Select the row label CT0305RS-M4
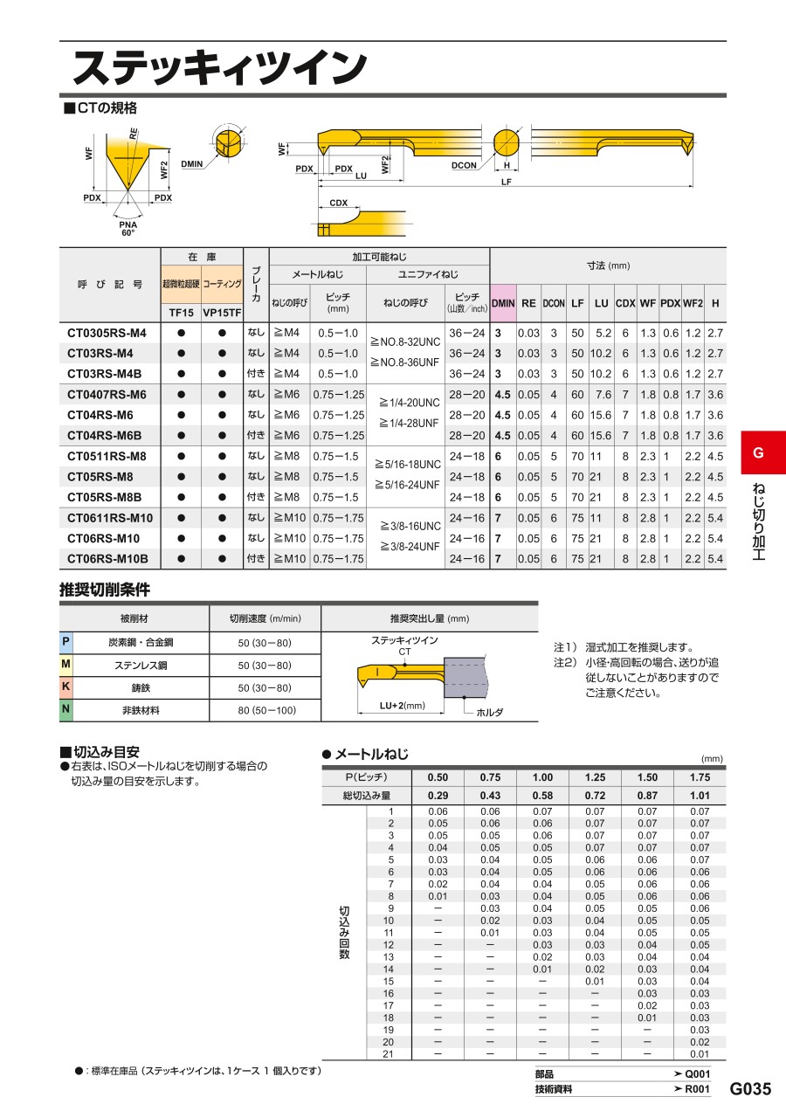coord(107,333)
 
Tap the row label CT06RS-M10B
coord(107,559)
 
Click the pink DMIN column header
coord(503,303)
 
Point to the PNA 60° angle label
coord(128,229)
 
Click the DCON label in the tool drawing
coord(465,164)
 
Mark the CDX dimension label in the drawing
coord(339,203)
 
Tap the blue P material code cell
coord(65,642)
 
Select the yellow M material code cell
coord(65,665)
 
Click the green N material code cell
coord(65,710)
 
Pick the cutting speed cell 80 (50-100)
coord(265,710)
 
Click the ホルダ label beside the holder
coord(489,713)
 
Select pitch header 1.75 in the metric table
coord(700,777)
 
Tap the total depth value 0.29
coord(438,796)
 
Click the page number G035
coord(750,1089)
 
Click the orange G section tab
coord(757,452)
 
